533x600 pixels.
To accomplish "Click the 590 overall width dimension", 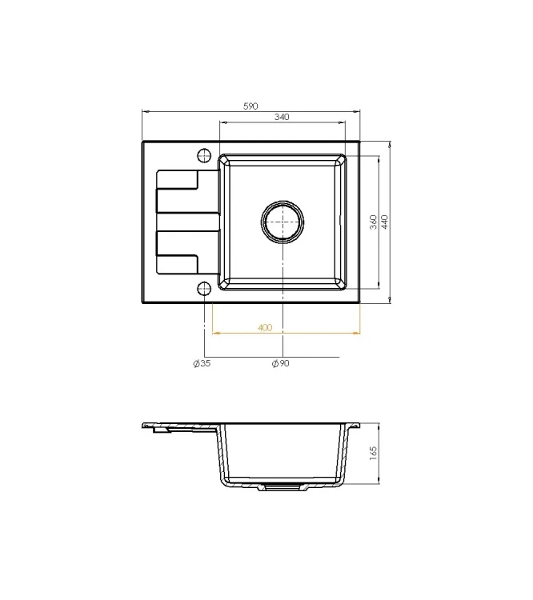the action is (x=250, y=106).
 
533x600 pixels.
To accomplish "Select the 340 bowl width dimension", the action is (x=282, y=117).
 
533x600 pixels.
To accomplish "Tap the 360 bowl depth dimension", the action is (x=374, y=222).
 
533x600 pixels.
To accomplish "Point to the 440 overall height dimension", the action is (x=385, y=222).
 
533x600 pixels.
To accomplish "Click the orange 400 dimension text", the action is (x=265, y=327).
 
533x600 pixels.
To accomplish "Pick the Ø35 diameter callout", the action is (x=202, y=363).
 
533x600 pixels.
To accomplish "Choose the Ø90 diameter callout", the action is (x=281, y=363).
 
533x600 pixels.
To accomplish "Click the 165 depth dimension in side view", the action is (x=373, y=453).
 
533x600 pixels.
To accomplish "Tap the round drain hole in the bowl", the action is (x=283, y=222).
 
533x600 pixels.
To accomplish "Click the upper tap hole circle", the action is (x=204, y=155).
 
